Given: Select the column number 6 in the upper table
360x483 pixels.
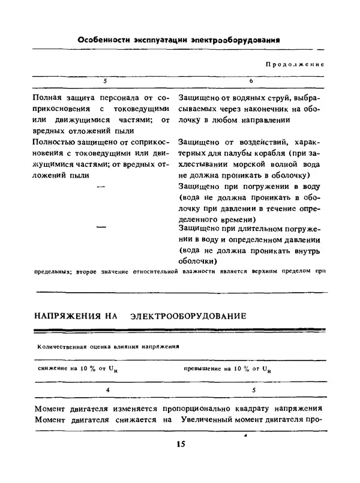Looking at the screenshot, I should (x=250, y=80).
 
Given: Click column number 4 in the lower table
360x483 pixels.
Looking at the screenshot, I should (x=108, y=389).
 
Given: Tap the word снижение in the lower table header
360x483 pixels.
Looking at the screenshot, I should (x=52, y=367).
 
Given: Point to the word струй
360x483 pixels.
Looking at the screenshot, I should (x=270, y=97).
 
